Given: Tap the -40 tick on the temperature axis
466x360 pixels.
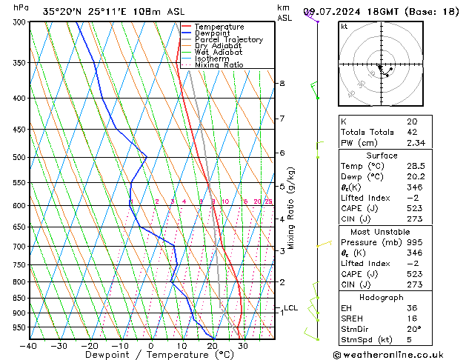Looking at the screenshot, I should click(29, 346).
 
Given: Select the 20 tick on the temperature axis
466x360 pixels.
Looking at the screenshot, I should click(211, 346).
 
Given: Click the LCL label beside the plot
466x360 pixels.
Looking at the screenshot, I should click(291, 308).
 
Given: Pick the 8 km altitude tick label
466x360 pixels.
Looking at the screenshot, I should click(282, 84).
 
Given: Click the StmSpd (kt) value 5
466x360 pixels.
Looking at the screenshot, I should click(410, 340).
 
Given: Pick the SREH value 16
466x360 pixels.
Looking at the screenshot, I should click(412, 318).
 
